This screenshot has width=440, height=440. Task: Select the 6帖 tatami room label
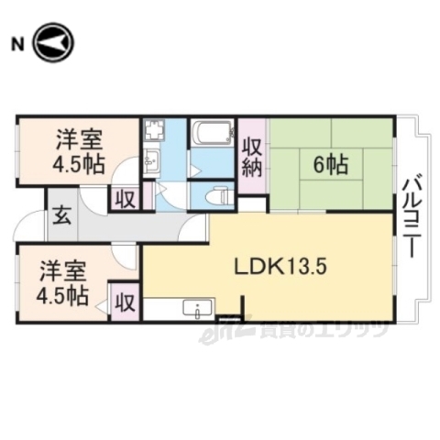pos(330,165)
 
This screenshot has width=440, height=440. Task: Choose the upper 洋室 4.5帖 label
pos(79,153)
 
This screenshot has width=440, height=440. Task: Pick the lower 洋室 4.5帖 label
pos(63,283)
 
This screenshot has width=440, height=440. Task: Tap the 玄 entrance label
pos(56,216)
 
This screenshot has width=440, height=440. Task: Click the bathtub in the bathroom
pos(213,135)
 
